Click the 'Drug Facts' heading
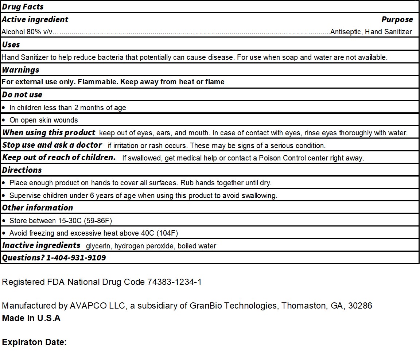23,7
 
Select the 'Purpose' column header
397,20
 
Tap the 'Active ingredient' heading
35,20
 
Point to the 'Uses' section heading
11,45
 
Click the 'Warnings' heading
20,70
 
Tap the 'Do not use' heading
22,95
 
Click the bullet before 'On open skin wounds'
4,120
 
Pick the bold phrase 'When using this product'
49,133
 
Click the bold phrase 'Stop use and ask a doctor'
52,145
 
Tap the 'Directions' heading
22,170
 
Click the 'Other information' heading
38,208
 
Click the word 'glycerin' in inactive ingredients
98,246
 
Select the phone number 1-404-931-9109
76,258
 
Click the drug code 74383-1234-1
174,282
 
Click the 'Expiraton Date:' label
34,342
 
